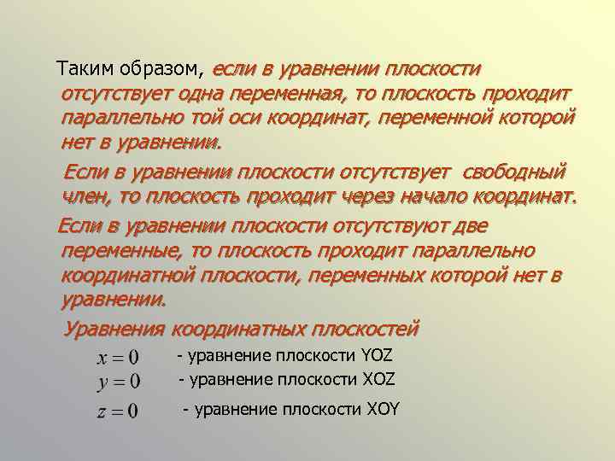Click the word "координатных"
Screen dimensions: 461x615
238,328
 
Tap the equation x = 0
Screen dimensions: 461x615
116,357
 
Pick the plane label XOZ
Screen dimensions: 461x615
377,378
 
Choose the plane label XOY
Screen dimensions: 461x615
380,409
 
